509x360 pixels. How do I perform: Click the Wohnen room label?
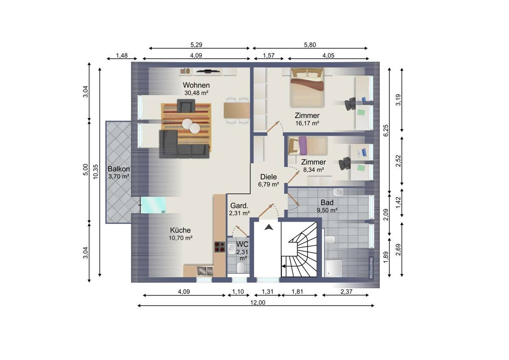pyautogui.click(x=196, y=85)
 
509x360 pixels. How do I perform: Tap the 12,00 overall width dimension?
pyautogui.click(x=258, y=302)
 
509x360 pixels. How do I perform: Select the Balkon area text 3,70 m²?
pyautogui.click(x=119, y=177)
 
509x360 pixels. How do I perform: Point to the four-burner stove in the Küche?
pyautogui.click(x=220, y=247)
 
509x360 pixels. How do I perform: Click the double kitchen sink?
pyautogui.click(x=205, y=271)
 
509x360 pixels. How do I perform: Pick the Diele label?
pyautogui.click(x=268, y=177)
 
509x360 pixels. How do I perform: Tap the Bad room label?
pyautogui.click(x=327, y=202)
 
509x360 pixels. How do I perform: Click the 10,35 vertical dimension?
pyautogui.click(x=96, y=172)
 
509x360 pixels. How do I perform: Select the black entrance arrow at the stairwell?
pyautogui.click(x=268, y=227)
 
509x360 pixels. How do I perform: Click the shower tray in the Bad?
pyautogui.click(x=333, y=268)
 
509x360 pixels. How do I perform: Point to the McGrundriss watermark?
pyautogui.click(x=371, y=268)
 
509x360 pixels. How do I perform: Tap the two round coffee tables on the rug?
pyautogui.click(x=191, y=126)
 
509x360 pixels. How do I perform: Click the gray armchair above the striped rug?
pyautogui.click(x=186, y=106)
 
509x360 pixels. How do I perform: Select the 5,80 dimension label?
pyautogui.click(x=310, y=45)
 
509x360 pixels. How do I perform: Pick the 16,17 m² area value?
pyautogui.click(x=307, y=123)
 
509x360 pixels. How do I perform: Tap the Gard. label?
pyautogui.click(x=239, y=205)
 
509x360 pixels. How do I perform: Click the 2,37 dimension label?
pyautogui.click(x=346, y=292)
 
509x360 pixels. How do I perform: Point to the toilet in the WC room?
pyautogui.click(x=241, y=267)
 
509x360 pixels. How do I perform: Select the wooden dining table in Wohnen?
pyautogui.click(x=237, y=110)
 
